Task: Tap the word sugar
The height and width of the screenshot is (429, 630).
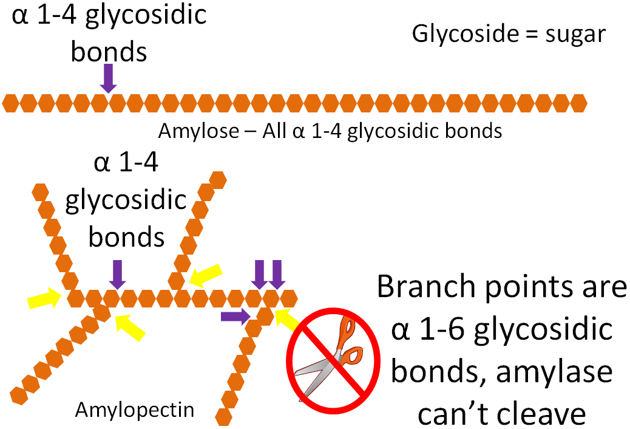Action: (x=574, y=34)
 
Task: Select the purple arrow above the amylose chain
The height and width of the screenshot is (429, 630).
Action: (x=108, y=78)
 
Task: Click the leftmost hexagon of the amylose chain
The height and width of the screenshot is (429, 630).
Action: (x=10, y=103)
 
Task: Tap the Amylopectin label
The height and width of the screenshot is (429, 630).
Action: (x=135, y=410)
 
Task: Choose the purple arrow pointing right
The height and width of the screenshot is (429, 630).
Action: (x=235, y=315)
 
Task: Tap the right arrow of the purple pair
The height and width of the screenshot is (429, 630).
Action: (x=277, y=273)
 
